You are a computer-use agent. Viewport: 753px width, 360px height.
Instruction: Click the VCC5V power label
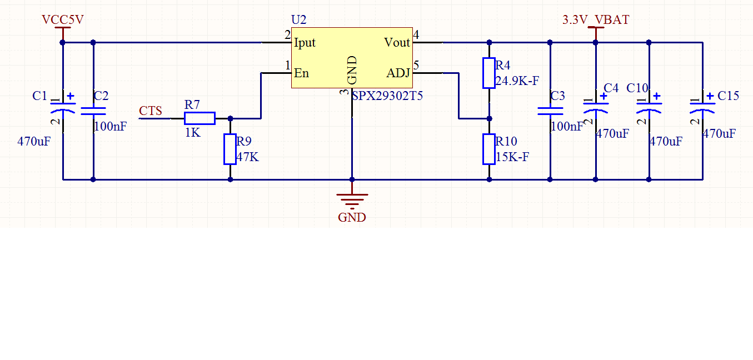pos(63,20)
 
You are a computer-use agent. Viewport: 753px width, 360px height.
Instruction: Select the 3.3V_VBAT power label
pos(596,20)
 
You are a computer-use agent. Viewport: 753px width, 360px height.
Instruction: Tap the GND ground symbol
pos(352,200)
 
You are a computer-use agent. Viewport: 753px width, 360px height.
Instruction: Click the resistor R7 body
pos(200,118)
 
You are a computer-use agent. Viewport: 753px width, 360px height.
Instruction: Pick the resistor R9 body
pos(230,149)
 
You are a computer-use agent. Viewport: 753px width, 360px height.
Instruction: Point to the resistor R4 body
pos(489,73)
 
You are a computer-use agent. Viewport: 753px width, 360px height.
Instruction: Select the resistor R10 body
pos(489,149)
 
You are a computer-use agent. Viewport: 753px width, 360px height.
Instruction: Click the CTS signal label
pos(151,111)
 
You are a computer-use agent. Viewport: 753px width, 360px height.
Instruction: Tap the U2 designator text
pos(298,20)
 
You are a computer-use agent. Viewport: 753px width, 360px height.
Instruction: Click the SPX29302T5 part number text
pos(388,96)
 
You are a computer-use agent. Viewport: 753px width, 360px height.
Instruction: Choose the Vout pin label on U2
pos(397,43)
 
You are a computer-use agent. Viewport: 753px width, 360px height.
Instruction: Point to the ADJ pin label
pos(398,73)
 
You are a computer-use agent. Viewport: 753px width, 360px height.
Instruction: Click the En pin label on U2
pos(301,73)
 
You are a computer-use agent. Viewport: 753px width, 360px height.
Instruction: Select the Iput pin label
pos(305,43)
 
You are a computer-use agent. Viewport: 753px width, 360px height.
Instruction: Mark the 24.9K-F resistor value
pos(517,81)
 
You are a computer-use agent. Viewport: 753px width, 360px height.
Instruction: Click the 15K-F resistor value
pos(512,157)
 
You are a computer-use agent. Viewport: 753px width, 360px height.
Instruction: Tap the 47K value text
pos(247,157)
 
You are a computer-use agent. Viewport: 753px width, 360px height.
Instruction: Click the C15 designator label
pos(728,96)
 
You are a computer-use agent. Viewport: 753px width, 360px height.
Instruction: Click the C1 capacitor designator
pos(40,96)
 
